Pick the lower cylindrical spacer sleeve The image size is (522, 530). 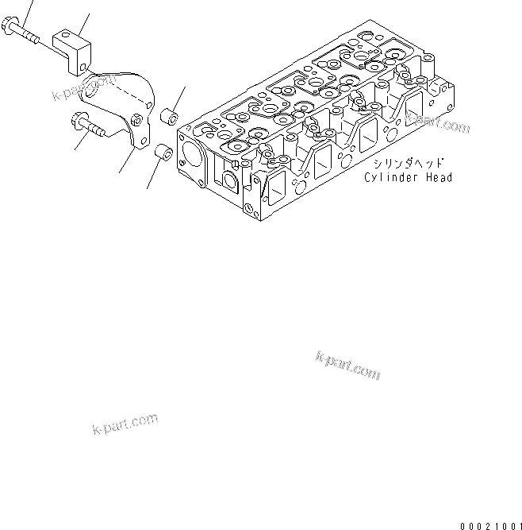(x=162, y=152)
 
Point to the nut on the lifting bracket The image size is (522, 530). (x=139, y=120)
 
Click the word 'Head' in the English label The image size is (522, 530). (x=439, y=177)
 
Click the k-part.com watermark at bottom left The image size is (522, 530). (x=125, y=425)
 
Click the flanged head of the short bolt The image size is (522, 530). (x=77, y=122)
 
